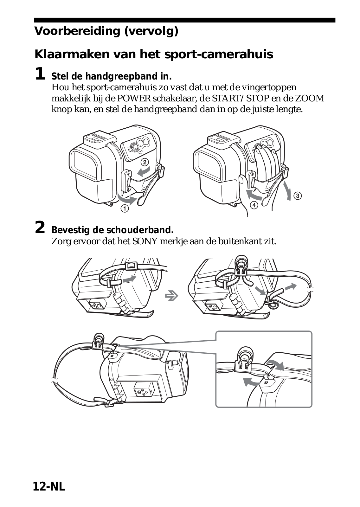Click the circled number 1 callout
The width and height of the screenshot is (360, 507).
click(x=125, y=209)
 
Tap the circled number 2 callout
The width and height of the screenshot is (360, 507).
click(x=145, y=162)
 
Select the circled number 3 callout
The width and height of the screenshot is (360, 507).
click(x=298, y=196)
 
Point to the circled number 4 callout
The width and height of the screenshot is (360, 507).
click(x=254, y=205)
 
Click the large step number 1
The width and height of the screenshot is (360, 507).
click(x=40, y=74)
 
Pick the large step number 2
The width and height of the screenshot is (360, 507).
click(x=40, y=228)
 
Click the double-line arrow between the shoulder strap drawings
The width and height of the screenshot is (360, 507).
click(x=172, y=296)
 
